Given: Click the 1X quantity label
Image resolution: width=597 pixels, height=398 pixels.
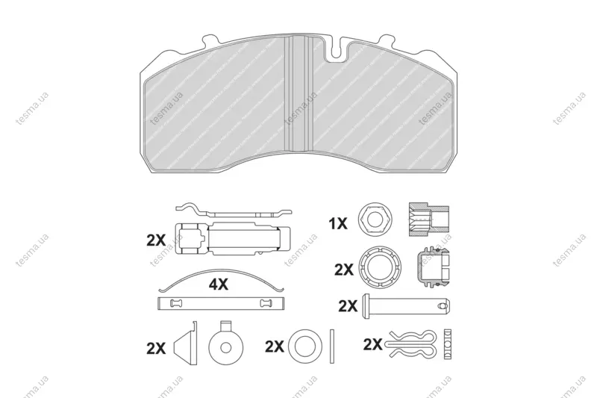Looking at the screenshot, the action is click(x=338, y=223).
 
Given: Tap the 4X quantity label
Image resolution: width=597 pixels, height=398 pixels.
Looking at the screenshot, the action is click(x=218, y=284).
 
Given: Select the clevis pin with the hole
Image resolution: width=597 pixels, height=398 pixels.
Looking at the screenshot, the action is click(x=407, y=306).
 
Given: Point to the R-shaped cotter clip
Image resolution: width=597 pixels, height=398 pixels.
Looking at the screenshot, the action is click(x=411, y=344).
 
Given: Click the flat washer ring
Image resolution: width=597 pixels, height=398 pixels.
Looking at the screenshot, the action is click(x=305, y=346).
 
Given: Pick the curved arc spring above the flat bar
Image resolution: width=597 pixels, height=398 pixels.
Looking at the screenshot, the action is click(x=221, y=278).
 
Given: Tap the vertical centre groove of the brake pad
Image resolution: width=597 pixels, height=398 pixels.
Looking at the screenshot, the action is click(x=300, y=94).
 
